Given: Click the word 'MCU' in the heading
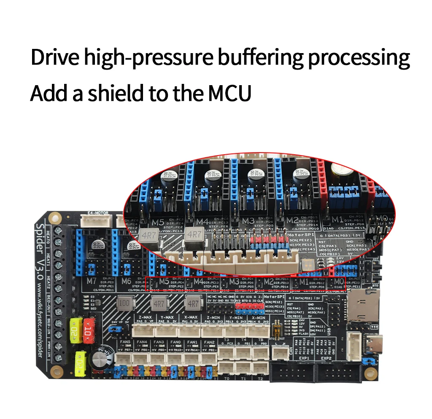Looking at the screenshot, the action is pyautogui.click(x=229, y=93).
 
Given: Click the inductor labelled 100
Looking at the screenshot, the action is pyautogui.click(x=124, y=303).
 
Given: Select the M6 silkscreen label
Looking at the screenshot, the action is pyautogui.click(x=126, y=281).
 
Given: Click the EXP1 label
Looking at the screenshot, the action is pyautogui.click(x=304, y=358).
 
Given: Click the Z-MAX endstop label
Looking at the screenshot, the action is pyautogui.click(x=144, y=317).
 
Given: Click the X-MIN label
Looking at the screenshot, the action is pyautogui.click(x=258, y=317).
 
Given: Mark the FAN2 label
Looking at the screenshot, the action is pyautogui.click(x=209, y=342).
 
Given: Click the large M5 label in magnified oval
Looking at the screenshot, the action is pyautogui.click(x=158, y=222).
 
